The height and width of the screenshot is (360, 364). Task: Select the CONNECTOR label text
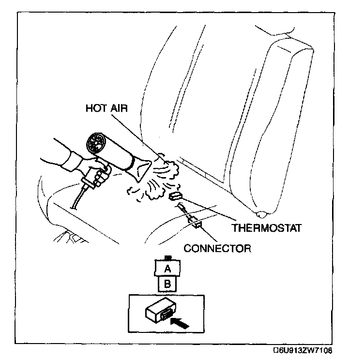(x=218, y=249)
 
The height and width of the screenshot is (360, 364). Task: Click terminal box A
(x=167, y=268)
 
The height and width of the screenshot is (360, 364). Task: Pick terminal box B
(x=167, y=284)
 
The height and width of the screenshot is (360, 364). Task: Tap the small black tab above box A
(x=167, y=258)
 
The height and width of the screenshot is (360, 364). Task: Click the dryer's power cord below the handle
(x=77, y=198)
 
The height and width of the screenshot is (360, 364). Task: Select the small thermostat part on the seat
(x=175, y=196)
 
